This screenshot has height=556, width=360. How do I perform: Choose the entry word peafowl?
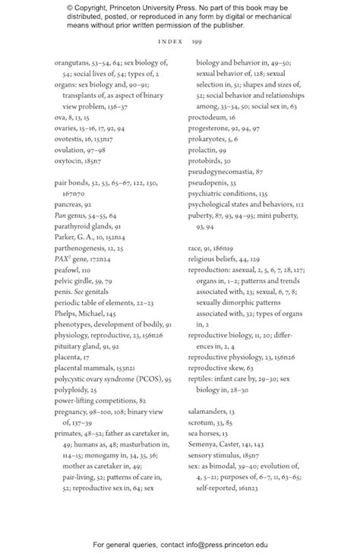(x=68, y=248)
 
